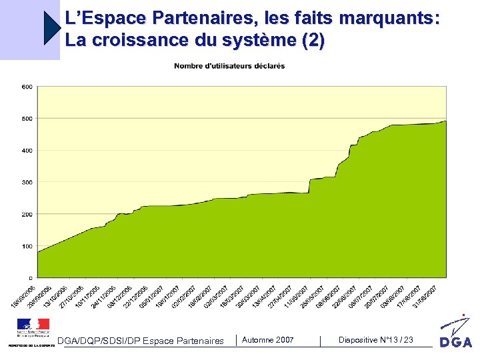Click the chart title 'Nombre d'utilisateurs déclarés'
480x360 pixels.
229,66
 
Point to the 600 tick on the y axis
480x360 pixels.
27,87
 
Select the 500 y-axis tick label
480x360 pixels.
27,119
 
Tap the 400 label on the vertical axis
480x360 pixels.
27,151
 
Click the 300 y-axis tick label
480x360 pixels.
27,182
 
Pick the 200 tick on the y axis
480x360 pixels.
27,214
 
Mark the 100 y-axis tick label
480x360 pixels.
27,246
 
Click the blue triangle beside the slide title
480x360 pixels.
52,28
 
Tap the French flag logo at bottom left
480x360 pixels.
33,326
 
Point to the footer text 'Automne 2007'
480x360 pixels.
267,340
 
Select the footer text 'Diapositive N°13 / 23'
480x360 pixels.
376,340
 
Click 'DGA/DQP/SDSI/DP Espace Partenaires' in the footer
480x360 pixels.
141,341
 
